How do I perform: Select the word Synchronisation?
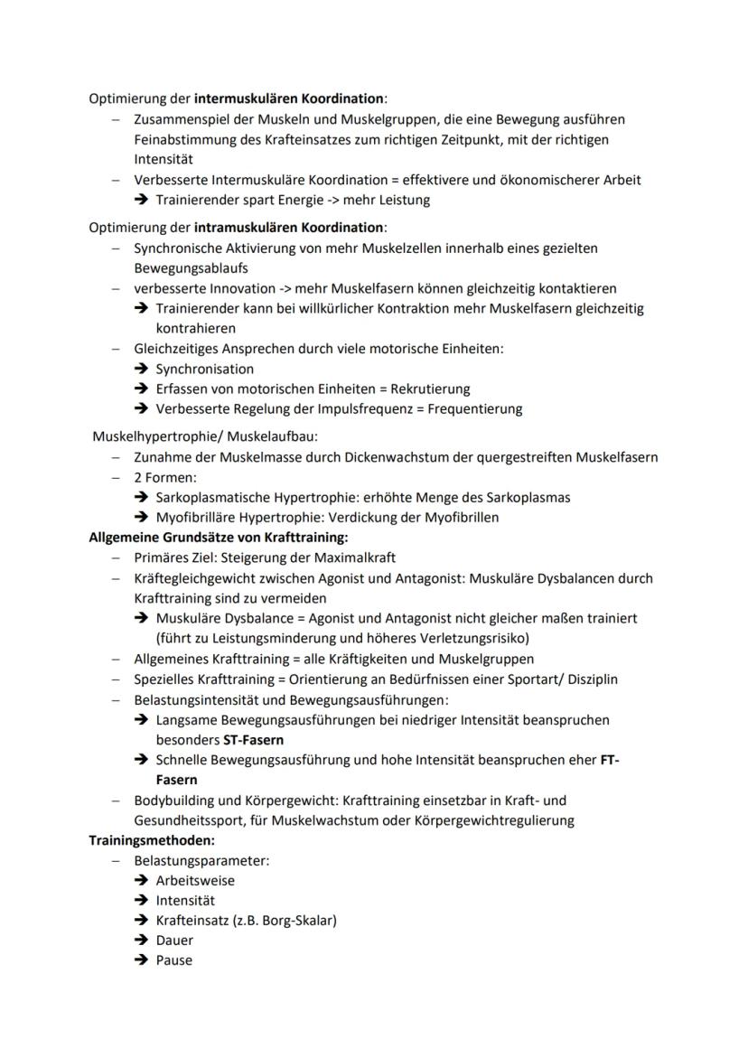pyautogui.click(x=205, y=369)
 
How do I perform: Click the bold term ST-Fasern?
pyautogui.click(x=253, y=739)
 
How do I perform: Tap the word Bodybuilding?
pyautogui.click(x=173, y=801)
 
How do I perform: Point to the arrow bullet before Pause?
pyautogui.click(x=141, y=960)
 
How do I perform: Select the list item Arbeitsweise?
pyautogui.click(x=195, y=880)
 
